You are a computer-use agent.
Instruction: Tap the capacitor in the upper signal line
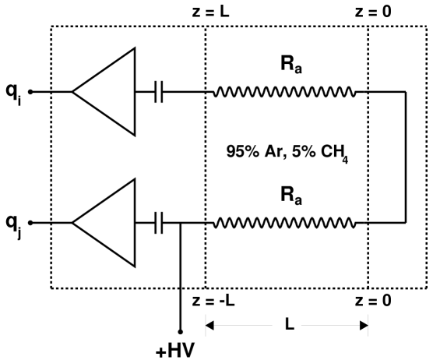pyautogui.click(x=160, y=92)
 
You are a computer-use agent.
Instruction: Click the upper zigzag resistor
pyautogui.click(x=285, y=92)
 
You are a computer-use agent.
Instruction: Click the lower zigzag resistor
pyautogui.click(x=285, y=222)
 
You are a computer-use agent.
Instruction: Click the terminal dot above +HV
pyautogui.click(x=180, y=330)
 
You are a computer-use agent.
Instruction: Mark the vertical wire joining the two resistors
pyautogui.click(x=406, y=157)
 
